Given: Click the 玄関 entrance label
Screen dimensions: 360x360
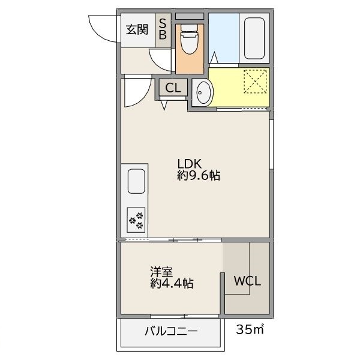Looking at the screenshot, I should click(x=137, y=29).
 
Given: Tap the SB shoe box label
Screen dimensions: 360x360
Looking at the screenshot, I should click(x=162, y=29).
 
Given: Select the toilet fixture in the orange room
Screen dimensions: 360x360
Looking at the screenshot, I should click(x=189, y=40).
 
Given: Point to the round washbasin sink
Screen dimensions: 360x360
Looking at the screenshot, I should click(x=203, y=93).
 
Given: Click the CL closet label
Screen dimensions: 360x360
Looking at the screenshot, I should click(x=172, y=88).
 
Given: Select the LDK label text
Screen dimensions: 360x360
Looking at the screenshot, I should click(x=191, y=164).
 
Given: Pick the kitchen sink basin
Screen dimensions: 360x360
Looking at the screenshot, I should click(x=135, y=180).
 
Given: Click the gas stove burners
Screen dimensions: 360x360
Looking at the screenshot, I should click(x=136, y=220).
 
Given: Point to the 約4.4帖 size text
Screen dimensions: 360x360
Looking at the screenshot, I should click(x=172, y=284).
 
